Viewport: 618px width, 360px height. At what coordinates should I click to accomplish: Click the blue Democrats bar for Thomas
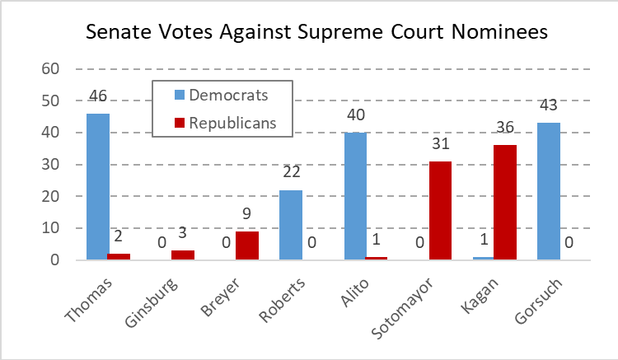point(98,187)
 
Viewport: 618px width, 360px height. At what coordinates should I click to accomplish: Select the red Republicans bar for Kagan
point(505,203)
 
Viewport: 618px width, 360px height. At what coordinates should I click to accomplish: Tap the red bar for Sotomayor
point(441,211)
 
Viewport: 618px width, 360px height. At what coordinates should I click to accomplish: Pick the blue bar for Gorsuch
point(548,192)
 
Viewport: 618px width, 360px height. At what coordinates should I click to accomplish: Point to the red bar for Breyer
point(247,245)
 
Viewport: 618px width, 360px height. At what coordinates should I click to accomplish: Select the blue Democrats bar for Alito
point(355,196)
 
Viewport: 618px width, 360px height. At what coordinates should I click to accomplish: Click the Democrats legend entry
point(218,95)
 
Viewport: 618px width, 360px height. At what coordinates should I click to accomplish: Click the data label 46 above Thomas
point(98,98)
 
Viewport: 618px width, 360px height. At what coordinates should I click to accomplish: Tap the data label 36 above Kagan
point(505,128)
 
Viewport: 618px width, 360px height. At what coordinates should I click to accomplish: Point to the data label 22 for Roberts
point(291,174)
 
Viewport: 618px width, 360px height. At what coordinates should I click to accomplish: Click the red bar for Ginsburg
point(183,255)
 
